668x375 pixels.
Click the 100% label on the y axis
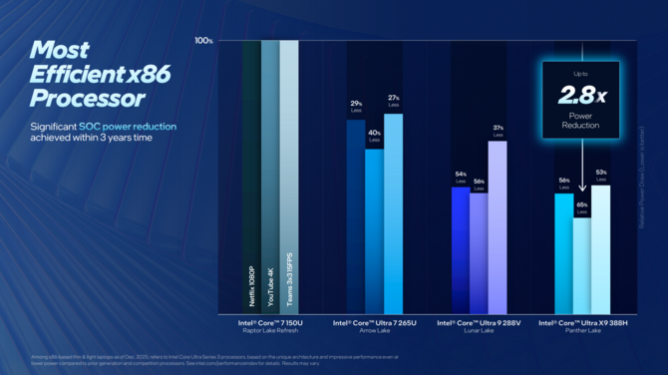(x=203, y=41)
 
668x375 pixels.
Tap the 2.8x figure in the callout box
(x=579, y=95)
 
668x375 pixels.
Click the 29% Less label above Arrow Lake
(x=356, y=107)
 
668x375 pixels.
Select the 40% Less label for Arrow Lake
(x=374, y=136)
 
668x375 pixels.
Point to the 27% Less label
(x=393, y=101)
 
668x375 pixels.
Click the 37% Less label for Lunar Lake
(x=498, y=130)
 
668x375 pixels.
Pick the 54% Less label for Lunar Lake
(x=461, y=177)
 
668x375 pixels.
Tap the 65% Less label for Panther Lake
(x=582, y=207)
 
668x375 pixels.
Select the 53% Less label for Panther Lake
(x=601, y=176)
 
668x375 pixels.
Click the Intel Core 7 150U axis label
(x=270, y=323)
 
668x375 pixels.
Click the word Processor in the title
(x=87, y=98)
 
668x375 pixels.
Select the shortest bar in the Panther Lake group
(x=582, y=265)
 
